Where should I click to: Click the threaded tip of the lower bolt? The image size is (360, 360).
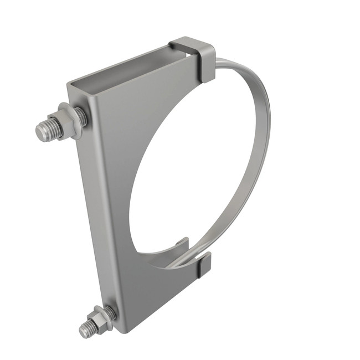(x=85, y=331)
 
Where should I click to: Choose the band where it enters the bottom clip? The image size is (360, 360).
(x=197, y=256)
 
